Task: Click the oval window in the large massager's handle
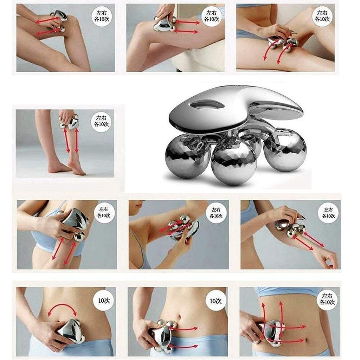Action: [x=207, y=105]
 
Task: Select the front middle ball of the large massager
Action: [x=234, y=161]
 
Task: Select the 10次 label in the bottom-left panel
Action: [x=104, y=301]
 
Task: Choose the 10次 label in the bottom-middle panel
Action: [x=216, y=301]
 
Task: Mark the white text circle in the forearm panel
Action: [x=328, y=213]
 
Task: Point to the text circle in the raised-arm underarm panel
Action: [x=217, y=213]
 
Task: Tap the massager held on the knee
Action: [x=57, y=20]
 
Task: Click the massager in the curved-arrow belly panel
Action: [x=70, y=330]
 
